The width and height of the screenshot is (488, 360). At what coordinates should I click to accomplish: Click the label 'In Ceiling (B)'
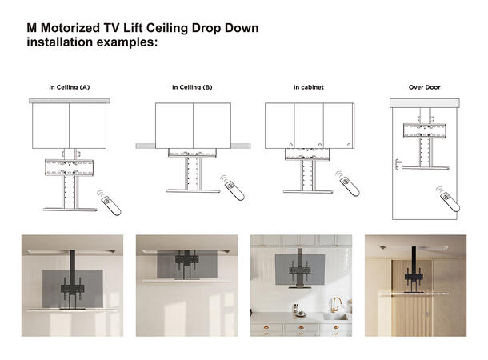[x=192, y=86]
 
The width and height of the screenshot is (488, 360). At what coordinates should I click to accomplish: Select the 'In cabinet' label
[x=307, y=86]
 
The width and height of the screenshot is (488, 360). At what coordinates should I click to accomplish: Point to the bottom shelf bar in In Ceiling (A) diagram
[x=69, y=210]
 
